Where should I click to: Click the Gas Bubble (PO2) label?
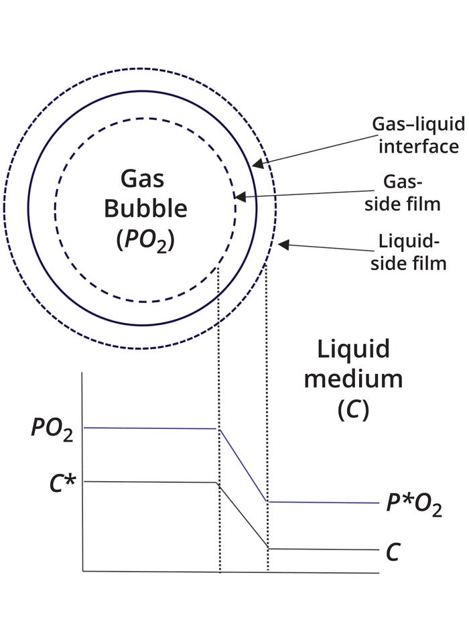pos(144,208)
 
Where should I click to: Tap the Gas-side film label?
pos(406,193)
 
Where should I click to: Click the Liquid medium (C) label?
pos(353,379)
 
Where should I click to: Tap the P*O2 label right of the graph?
pos(413,504)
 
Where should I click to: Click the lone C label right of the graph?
pos(393,552)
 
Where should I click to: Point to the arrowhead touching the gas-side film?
pos(239,197)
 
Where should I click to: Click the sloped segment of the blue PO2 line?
pos(243,464)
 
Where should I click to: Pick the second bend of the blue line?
pos(267,501)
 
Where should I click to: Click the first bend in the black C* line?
pos(216,483)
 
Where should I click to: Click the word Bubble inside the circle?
pos(144,208)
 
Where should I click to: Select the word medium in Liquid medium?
pos(353,379)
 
